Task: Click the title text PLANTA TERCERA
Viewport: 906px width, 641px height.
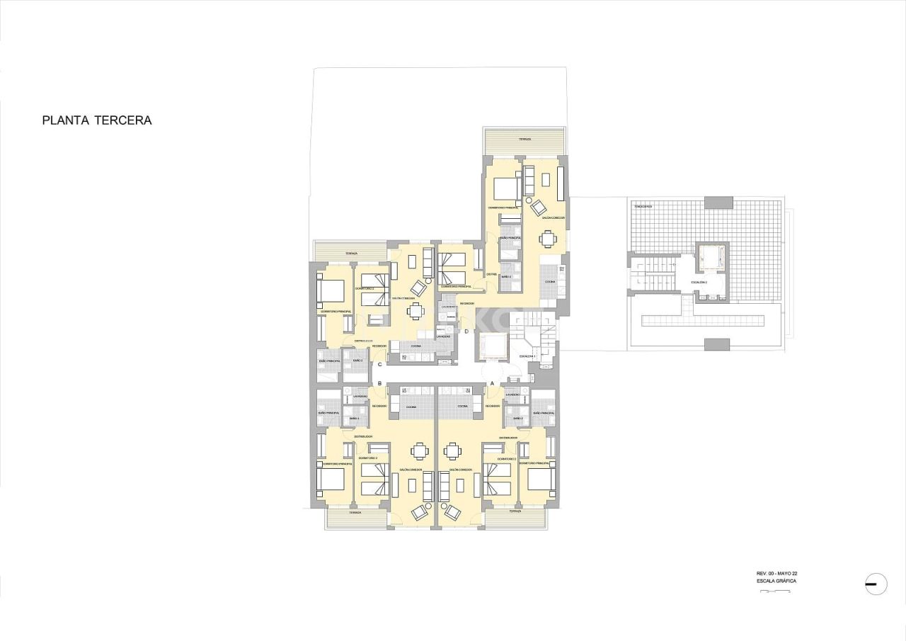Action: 97,120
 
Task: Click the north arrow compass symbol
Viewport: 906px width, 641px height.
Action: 876,584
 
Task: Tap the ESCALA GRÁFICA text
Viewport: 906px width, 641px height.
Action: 776,581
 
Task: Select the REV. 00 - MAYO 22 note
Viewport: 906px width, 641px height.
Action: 776,573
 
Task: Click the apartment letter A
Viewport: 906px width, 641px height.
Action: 493,383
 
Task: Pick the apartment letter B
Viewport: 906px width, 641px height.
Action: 380,383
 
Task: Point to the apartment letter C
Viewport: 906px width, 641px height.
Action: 380,364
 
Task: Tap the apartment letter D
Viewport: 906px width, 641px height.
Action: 466,331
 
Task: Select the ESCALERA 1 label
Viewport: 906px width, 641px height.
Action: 527,356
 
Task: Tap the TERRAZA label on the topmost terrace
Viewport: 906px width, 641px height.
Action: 524,140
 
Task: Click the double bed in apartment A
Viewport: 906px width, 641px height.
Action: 540,480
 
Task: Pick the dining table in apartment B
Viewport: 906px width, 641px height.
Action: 420,451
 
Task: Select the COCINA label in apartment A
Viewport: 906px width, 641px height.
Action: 462,407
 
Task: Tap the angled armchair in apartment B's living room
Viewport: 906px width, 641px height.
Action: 420,511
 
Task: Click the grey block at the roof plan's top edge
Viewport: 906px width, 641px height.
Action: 718,202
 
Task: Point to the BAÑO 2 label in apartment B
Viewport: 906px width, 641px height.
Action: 354,419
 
